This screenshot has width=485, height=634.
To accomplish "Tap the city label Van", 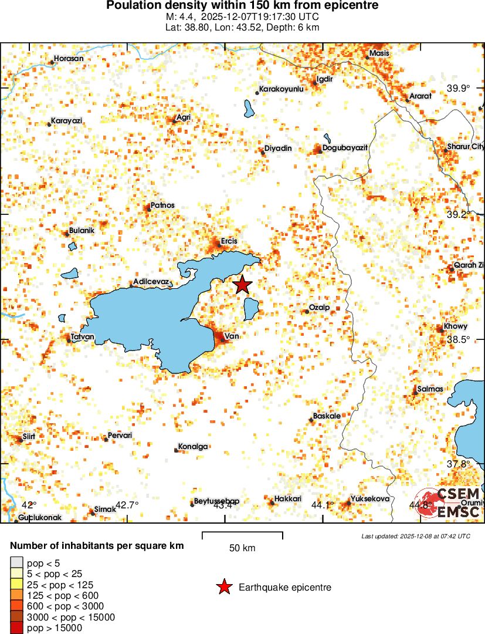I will tap(230, 336).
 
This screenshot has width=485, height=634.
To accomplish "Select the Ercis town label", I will tap(229, 241).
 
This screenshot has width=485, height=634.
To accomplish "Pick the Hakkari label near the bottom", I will tap(288, 499).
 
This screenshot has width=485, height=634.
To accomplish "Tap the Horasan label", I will tap(69, 59).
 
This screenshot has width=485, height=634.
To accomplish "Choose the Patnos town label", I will tap(162, 205).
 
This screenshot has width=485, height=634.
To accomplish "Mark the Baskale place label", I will tap(327, 416).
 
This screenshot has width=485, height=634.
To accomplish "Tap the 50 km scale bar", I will tap(242, 535).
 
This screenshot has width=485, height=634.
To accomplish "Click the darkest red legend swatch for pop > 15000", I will tap(17, 628).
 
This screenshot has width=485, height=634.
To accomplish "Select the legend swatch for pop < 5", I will tap(17, 562).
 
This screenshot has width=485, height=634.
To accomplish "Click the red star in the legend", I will tap(223, 587).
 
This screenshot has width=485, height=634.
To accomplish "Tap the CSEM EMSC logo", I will tap(449, 503).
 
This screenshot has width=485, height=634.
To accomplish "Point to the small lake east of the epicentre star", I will tap(252, 309).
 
